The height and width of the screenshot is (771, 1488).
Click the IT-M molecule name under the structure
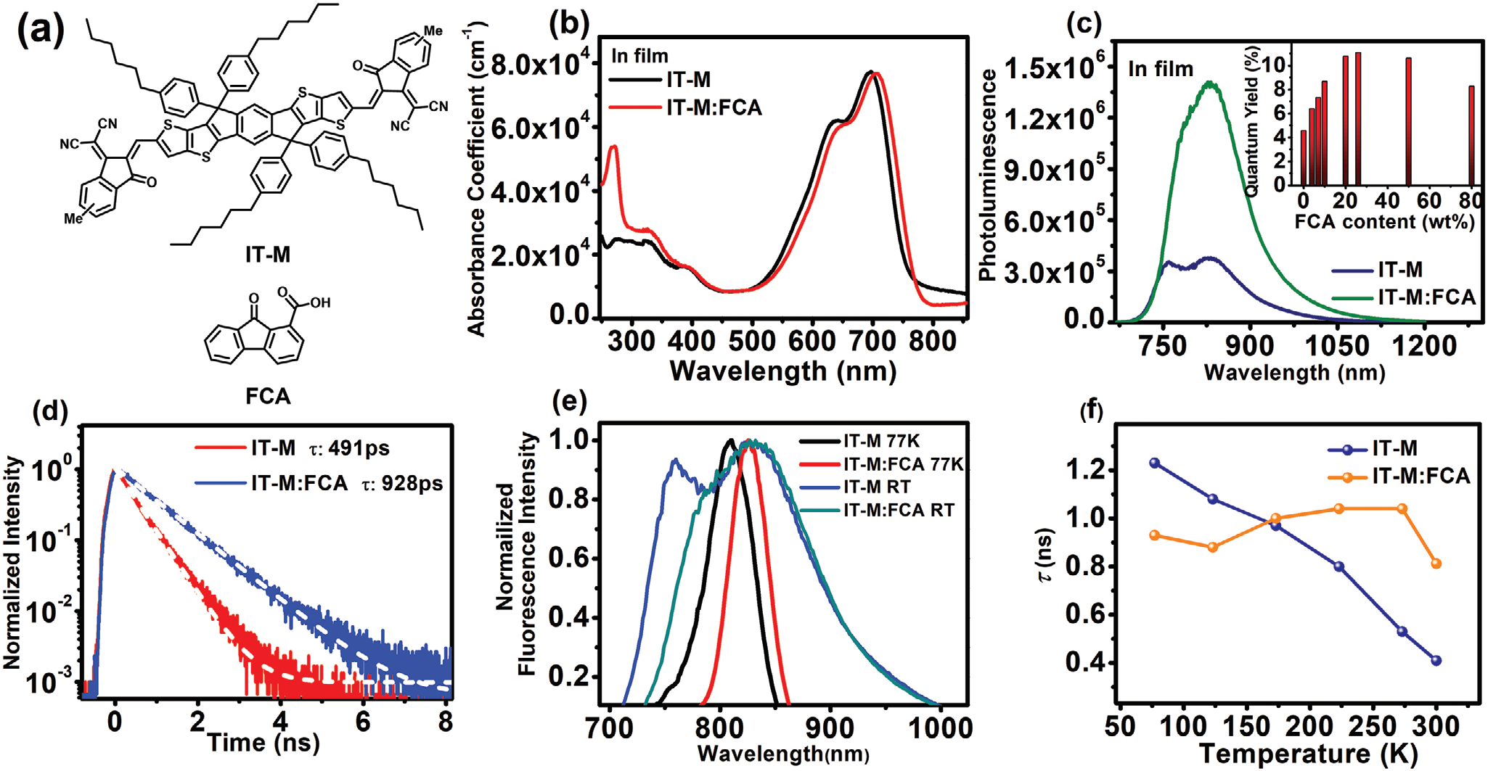pyautogui.click(x=267, y=255)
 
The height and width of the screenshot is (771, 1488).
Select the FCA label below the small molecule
pyautogui.click(x=268, y=396)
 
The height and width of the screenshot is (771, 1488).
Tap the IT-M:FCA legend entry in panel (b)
pyautogui.click(x=714, y=108)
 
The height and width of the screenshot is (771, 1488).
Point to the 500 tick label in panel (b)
pyautogui.click(x=752, y=339)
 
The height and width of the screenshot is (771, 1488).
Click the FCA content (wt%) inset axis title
pyautogui.click(x=1384, y=222)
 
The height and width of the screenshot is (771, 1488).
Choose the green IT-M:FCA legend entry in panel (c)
pyautogui.click(x=1426, y=297)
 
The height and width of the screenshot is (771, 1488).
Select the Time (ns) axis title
pyautogui.click(x=263, y=742)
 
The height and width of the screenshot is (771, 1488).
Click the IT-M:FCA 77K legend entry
pyautogui.click(x=902, y=464)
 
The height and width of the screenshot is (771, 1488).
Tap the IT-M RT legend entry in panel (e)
pyautogui.click(x=876, y=487)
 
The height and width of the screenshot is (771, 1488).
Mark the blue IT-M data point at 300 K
pyautogui.click(x=1436, y=660)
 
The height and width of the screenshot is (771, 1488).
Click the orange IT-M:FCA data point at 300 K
pyautogui.click(x=1436, y=564)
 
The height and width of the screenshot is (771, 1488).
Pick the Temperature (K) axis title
pyautogui.click(x=1308, y=754)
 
